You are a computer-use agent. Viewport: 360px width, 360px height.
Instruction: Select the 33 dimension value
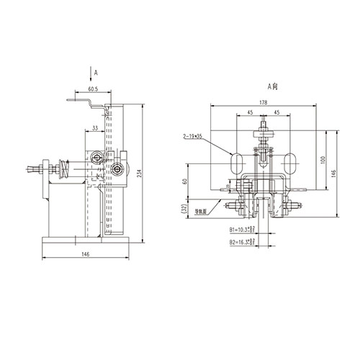coord(96,128)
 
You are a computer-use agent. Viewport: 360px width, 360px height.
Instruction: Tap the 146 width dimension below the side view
coord(85,255)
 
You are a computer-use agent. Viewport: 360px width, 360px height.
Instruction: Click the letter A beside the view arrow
coord(96,73)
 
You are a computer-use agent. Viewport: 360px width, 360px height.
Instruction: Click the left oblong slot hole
coord(235,162)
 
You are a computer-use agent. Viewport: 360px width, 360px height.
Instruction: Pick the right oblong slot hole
coord(291,162)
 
